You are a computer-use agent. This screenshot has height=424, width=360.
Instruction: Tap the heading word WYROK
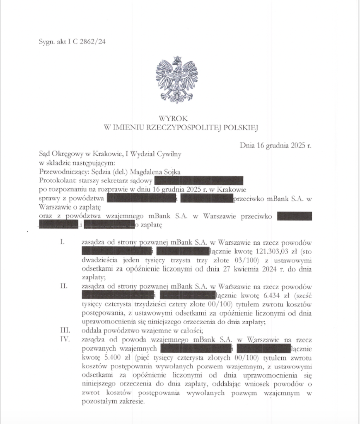pos(176,118)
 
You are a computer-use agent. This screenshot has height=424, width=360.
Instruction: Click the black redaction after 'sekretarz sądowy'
pos(199,181)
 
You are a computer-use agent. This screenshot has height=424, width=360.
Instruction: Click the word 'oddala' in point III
pos(92,330)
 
